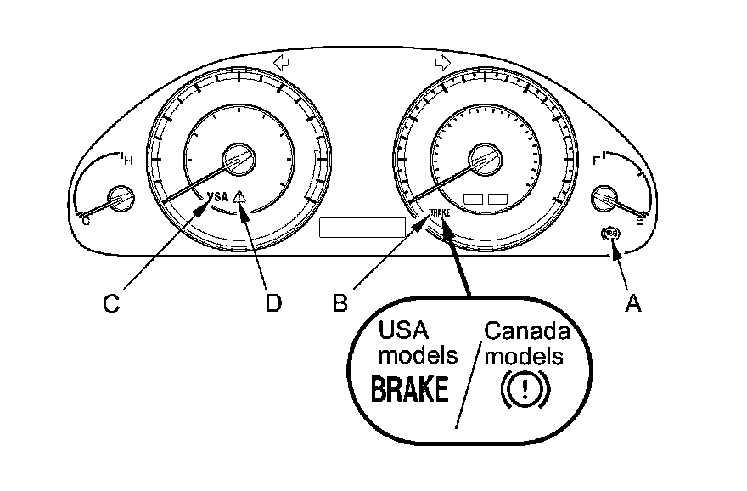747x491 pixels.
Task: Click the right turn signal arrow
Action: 442,63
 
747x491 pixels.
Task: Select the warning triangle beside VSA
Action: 241,196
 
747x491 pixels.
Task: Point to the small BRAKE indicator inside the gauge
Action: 440,212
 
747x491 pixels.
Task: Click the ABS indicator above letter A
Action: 609,233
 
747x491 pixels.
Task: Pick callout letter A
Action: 632,302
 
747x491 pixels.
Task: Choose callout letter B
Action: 340,302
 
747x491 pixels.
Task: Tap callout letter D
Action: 272,302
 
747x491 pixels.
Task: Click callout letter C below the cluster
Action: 111,302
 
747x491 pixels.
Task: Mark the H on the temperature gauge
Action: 127,161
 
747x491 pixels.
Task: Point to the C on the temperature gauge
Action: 85,220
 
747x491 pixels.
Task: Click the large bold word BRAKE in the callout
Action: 410,391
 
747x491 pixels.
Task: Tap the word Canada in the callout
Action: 526,330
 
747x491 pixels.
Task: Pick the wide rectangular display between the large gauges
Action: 361,227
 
